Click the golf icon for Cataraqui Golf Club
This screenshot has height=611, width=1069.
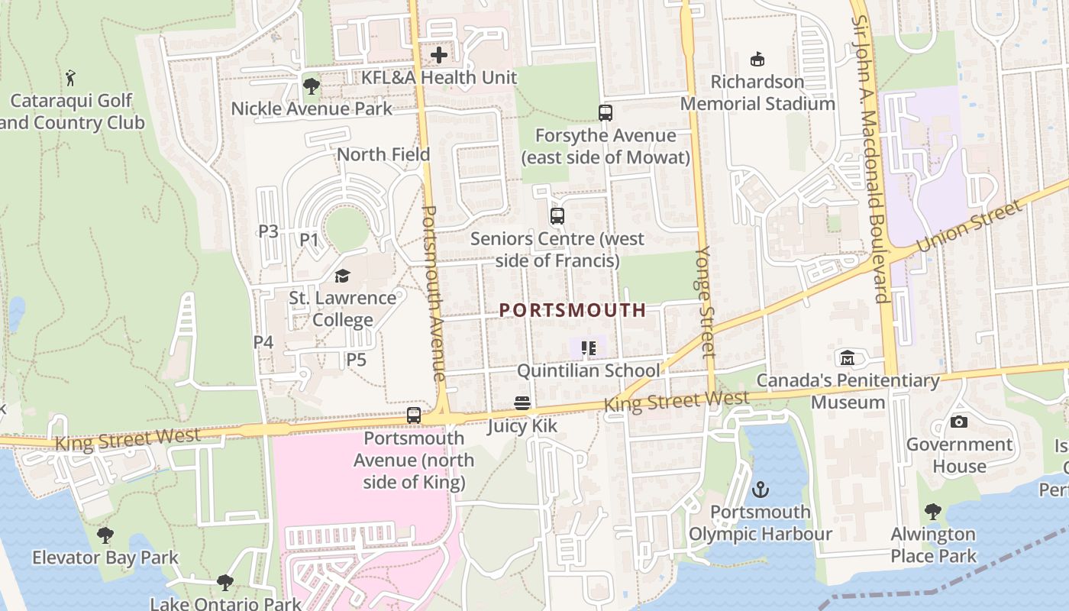[71, 77]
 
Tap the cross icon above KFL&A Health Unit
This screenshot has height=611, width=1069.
[439, 55]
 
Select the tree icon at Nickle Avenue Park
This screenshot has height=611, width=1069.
[311, 86]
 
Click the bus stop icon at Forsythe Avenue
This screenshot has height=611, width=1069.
[606, 113]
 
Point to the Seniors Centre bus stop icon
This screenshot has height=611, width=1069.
[557, 216]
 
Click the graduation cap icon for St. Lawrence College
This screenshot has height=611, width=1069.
[342, 276]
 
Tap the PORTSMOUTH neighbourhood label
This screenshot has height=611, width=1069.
[573, 310]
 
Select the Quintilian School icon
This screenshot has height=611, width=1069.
[588, 349]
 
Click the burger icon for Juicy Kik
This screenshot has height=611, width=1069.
[522, 403]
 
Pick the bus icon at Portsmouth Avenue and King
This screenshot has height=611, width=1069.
[414, 415]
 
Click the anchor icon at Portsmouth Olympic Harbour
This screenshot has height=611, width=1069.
[761, 490]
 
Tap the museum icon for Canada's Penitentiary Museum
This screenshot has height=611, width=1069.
[848, 358]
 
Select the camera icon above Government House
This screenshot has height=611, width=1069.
[959, 422]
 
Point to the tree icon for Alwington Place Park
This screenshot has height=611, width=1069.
[933, 512]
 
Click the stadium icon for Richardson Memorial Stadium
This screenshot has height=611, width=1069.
[757, 59]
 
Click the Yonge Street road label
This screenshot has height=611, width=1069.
[706, 302]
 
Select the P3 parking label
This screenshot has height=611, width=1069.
[268, 231]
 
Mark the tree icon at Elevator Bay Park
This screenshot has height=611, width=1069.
[105, 535]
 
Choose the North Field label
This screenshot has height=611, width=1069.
[383, 154]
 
